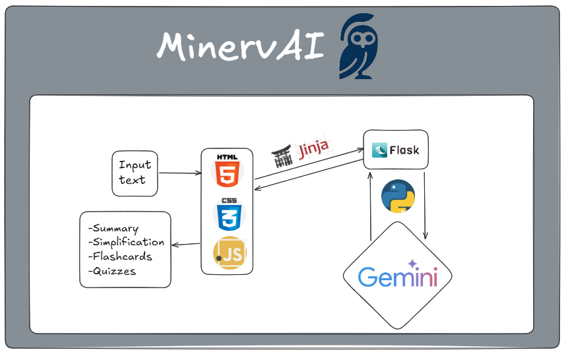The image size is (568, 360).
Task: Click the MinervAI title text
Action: (x=241, y=46)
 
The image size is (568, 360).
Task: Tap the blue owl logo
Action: (x=359, y=46)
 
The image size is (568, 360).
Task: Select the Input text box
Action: (x=135, y=173)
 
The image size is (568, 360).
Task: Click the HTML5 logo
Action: (x=227, y=171)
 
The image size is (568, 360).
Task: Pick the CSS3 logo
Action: (x=229, y=214)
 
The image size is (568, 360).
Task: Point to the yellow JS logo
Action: (x=230, y=253)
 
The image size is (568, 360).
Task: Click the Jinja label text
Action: (x=314, y=149)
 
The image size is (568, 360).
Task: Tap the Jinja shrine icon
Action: (x=282, y=156)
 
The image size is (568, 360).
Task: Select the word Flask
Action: (x=404, y=150)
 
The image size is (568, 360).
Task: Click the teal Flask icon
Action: (x=379, y=150)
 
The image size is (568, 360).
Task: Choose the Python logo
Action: (x=398, y=196)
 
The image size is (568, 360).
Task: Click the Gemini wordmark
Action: (x=398, y=278)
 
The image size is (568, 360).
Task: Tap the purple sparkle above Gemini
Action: (x=412, y=263)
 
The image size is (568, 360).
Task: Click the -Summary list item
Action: (x=113, y=228)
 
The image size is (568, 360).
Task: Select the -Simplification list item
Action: (x=127, y=242)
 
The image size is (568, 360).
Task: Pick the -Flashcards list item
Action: (x=120, y=256)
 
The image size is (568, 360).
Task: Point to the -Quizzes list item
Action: (x=112, y=271)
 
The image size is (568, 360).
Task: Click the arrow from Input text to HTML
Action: (x=180, y=173)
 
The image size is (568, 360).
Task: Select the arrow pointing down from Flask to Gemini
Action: (x=425, y=206)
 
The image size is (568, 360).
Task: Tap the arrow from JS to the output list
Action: (x=185, y=245)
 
